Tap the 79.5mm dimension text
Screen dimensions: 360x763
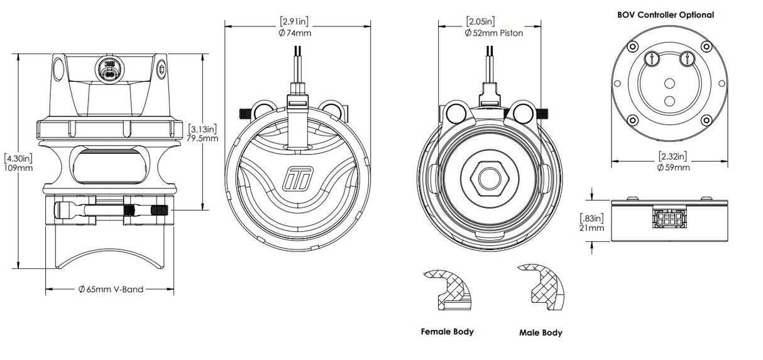201,138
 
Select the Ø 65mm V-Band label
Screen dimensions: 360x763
111,290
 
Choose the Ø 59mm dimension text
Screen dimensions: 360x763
672,167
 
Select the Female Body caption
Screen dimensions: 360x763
447,331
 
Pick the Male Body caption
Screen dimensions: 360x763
541,332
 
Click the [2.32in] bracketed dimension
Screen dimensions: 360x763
672,156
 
